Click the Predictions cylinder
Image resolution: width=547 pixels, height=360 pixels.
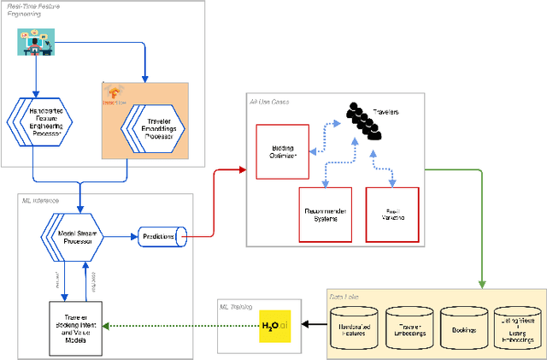point(160,237)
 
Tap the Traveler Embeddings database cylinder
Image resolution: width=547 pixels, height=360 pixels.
point(411,327)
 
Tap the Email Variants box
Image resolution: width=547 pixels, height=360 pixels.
point(391,213)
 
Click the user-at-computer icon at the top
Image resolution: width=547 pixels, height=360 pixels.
point(33,43)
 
